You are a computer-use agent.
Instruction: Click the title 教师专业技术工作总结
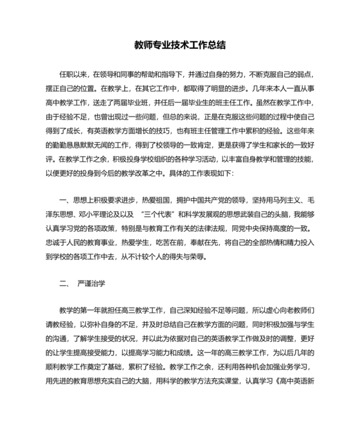(180, 45)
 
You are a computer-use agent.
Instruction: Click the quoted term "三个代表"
(155, 215)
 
